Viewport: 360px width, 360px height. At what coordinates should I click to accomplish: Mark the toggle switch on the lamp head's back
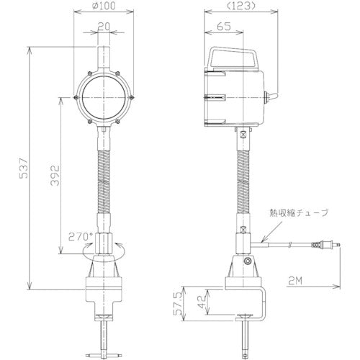click(x=271, y=98)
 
